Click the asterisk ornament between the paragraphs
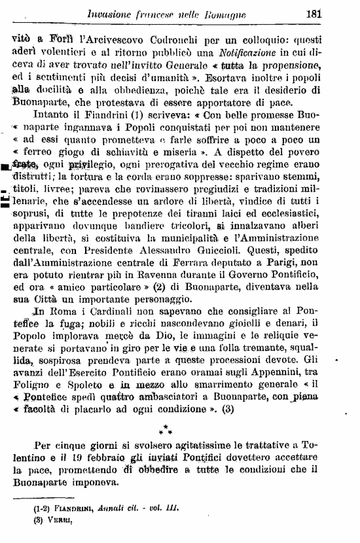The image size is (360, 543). coord(168,429)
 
